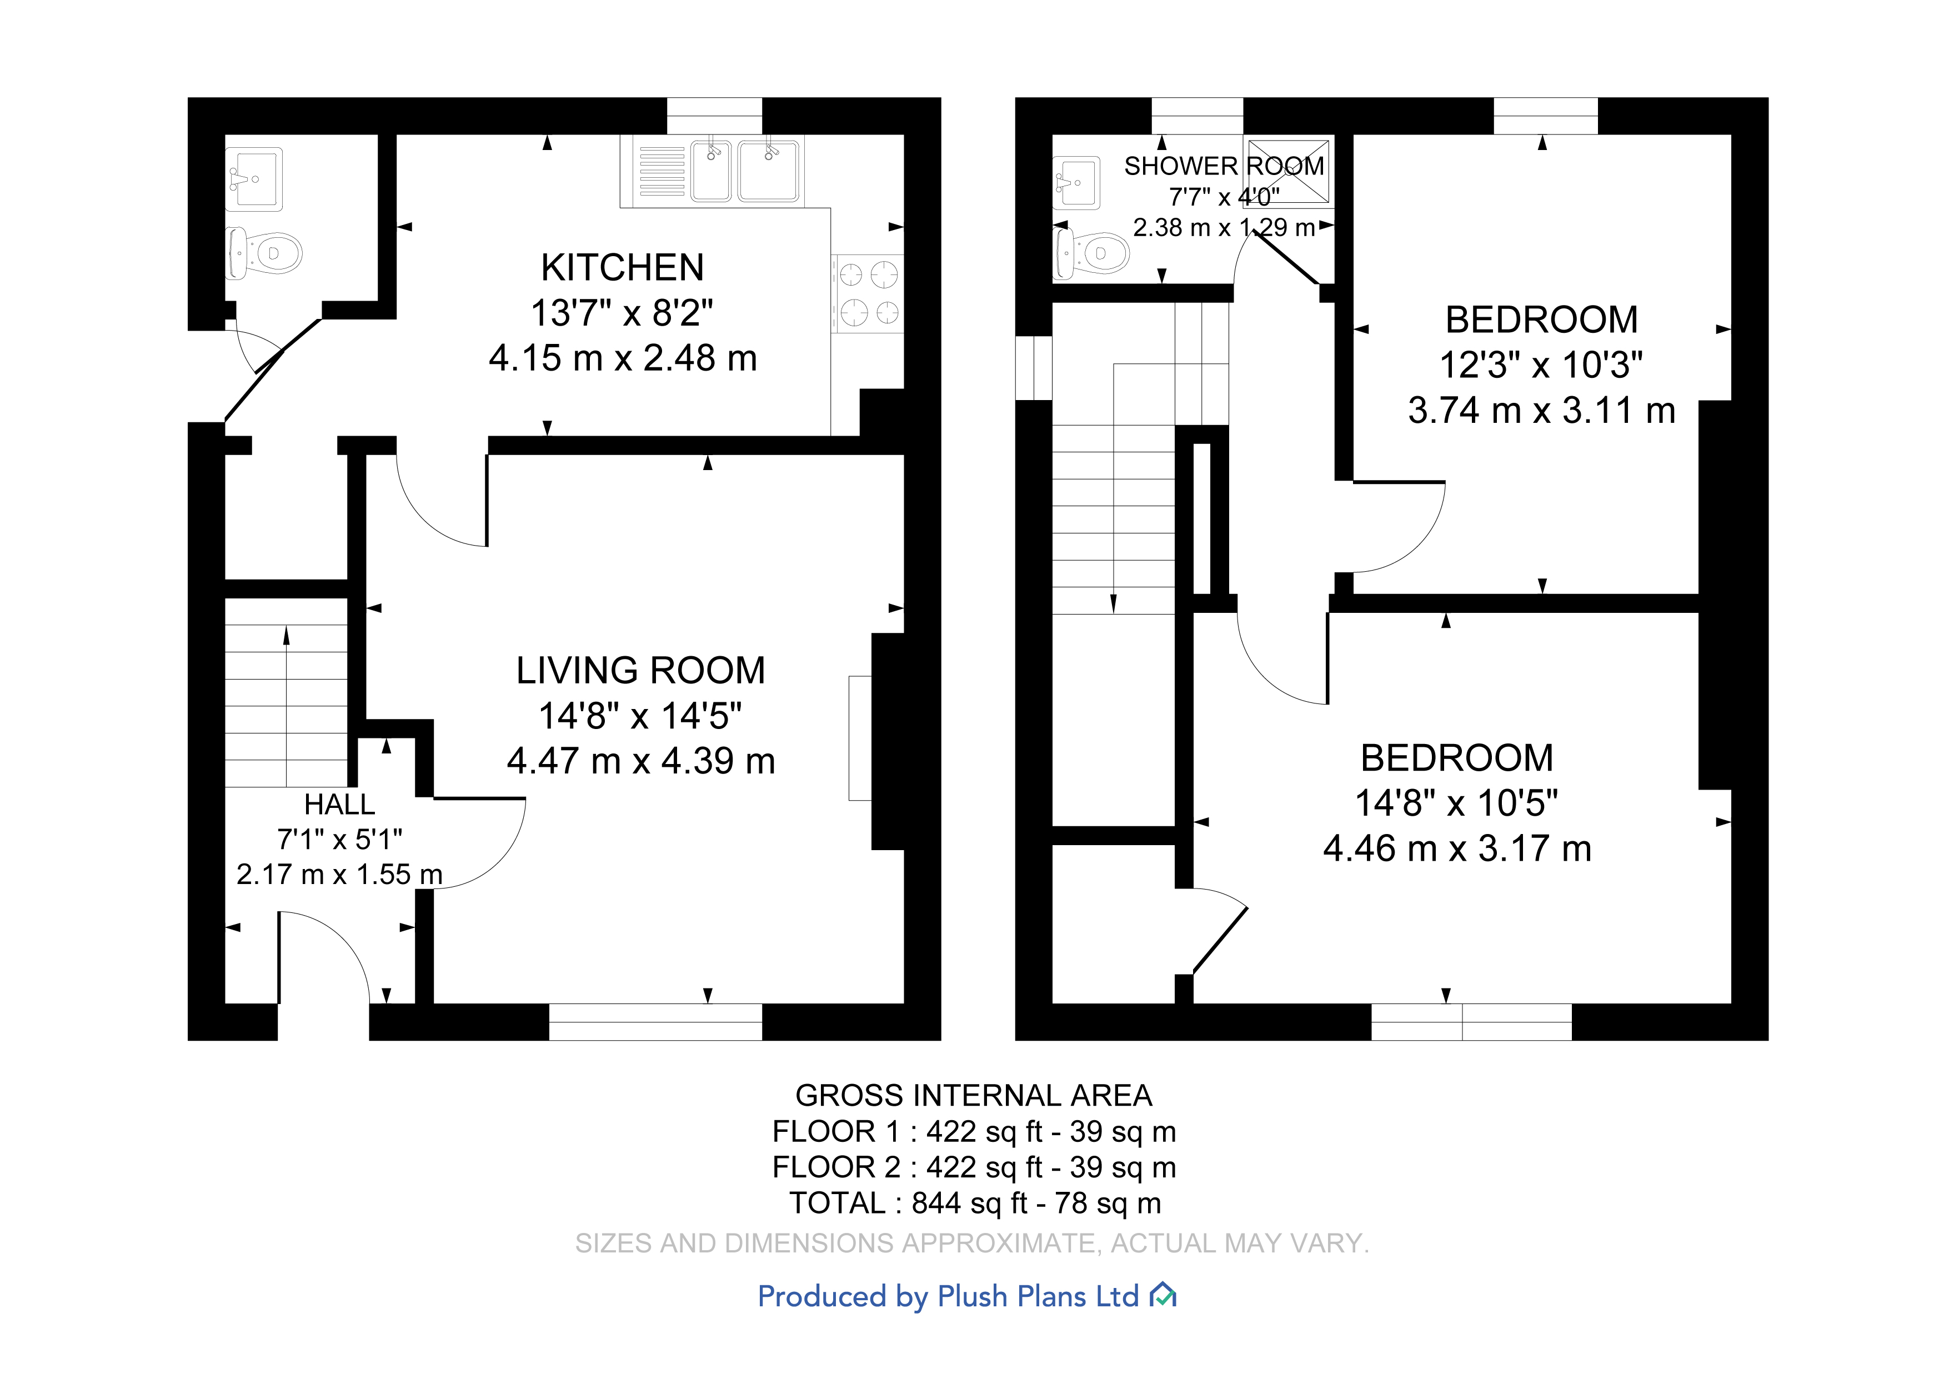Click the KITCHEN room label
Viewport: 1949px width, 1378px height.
[622, 267]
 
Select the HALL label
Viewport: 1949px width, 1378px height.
[339, 804]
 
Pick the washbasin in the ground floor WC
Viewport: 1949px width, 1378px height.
[254, 179]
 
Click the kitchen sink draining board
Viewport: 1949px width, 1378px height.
[662, 172]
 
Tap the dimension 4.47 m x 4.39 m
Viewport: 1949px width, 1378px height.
[641, 761]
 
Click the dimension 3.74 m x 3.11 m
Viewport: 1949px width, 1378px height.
[1541, 411]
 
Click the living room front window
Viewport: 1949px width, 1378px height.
[655, 1022]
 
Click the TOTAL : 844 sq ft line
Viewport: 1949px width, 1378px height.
[974, 1203]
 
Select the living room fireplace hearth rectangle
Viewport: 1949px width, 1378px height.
[860, 738]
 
